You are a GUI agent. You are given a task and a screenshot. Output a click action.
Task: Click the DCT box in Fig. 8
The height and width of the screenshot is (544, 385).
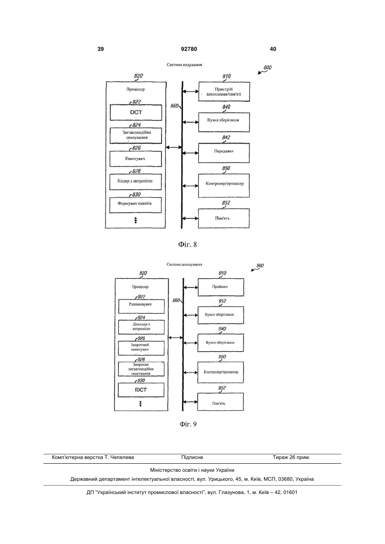point(136,112)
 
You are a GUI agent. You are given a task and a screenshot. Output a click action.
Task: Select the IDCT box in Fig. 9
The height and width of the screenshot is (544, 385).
point(141,390)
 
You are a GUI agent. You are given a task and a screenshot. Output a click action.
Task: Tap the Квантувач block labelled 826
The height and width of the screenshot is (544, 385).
point(135,159)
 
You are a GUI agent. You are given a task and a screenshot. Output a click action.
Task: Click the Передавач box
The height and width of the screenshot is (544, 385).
point(224,153)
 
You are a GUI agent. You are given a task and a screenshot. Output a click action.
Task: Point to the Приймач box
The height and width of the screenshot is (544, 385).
point(221,287)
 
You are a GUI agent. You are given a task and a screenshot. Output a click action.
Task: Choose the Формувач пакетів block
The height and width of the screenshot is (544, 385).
point(135,205)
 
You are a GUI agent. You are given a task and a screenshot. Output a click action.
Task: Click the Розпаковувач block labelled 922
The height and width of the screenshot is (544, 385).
point(141,306)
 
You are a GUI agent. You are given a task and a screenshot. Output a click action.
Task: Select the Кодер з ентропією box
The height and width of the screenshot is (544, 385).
point(135,182)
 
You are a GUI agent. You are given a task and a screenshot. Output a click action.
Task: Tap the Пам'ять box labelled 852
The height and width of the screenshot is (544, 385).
point(224,218)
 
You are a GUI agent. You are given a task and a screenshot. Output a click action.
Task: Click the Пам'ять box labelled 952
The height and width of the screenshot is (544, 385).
point(220,402)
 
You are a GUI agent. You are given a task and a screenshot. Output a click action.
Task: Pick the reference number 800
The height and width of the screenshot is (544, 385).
point(267,68)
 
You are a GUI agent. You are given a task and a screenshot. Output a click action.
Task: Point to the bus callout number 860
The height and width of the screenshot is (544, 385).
point(174,106)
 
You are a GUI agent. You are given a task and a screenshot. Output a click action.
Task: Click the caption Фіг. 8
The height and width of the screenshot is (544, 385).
point(188,244)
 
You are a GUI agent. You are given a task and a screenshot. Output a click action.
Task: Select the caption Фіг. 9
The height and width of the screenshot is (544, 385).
point(188,424)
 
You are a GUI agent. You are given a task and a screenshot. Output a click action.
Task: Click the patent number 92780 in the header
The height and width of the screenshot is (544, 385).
point(189,49)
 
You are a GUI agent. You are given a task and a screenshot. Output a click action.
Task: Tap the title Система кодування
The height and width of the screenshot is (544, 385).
point(184,65)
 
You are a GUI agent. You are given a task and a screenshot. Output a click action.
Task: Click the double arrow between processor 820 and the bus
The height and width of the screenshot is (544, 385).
point(173,147)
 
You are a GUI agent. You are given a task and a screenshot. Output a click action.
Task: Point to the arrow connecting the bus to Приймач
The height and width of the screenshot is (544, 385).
point(191,288)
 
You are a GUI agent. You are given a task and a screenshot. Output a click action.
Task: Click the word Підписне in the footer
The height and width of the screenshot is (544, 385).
point(192,457)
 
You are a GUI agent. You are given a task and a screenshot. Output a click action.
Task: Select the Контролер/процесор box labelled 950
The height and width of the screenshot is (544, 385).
point(220,372)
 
